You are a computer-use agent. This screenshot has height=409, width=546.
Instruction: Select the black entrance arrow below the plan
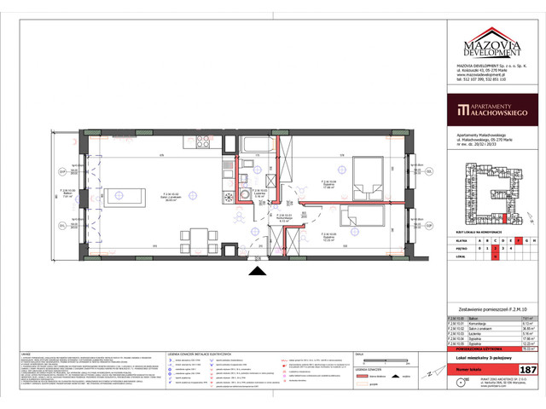pos(256,271)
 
